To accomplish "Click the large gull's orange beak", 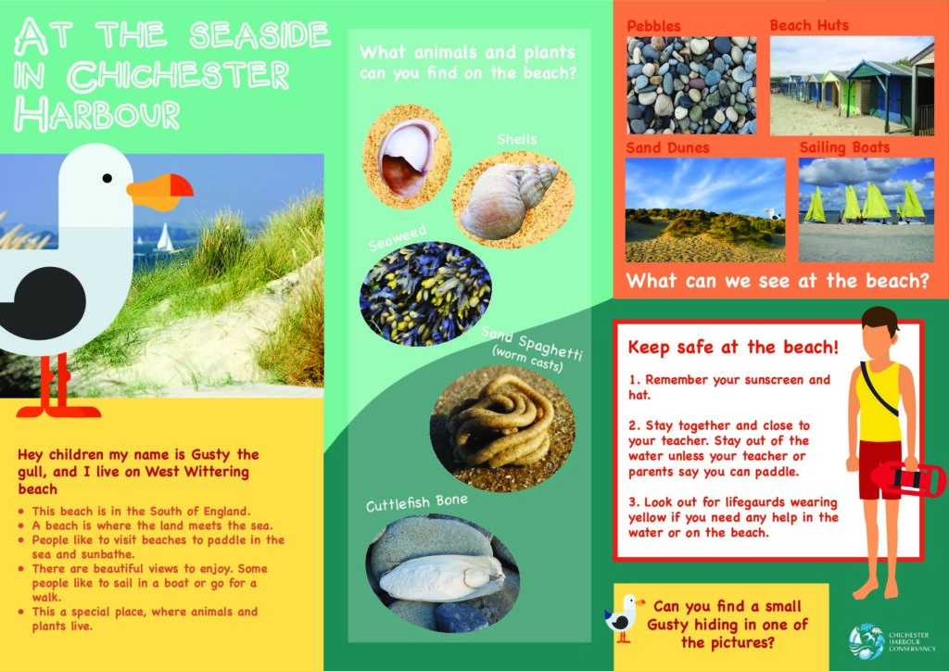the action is (159, 192).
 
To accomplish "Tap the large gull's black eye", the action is (108, 178).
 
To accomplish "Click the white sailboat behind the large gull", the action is (164, 237).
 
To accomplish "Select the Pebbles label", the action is (653, 27).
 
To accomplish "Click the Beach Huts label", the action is (809, 25).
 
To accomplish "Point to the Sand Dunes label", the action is (667, 148).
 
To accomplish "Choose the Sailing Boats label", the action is (844, 147).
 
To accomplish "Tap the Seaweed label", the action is (398, 237).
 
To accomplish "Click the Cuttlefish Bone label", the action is (417, 503).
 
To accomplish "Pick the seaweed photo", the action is (425, 294).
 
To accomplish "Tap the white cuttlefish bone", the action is (442, 577).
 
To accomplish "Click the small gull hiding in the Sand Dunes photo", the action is (772, 213).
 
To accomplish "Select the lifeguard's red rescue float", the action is (909, 478).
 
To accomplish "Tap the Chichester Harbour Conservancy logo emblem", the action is (867, 642).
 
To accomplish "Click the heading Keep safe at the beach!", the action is (733, 348).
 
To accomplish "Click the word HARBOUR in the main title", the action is (97, 113).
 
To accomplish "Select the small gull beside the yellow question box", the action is (624, 618).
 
